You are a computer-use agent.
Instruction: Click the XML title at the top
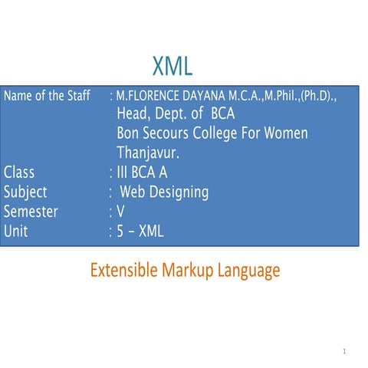172,64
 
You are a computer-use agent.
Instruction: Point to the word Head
133,115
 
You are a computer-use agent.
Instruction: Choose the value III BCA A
142,172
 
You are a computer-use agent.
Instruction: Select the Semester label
31,211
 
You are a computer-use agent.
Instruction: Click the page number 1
346,351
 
